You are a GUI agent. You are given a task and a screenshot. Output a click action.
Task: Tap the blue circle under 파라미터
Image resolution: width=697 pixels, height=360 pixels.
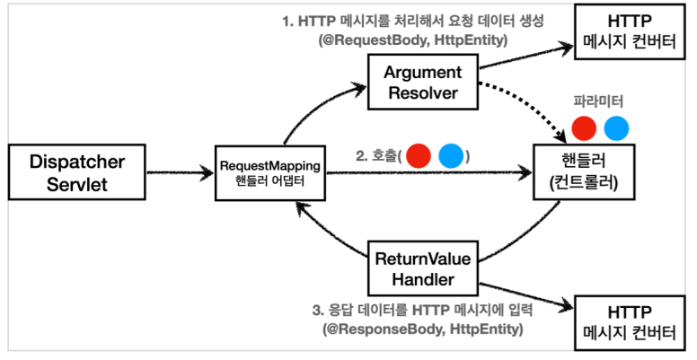pos(616,129)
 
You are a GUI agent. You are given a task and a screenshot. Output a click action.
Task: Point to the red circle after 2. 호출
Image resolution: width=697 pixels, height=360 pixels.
pos(419,155)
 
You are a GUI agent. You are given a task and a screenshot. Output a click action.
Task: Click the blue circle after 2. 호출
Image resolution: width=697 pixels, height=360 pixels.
pos(451,155)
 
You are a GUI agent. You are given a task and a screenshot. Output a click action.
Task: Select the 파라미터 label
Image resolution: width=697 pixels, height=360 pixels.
pos(597,101)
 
